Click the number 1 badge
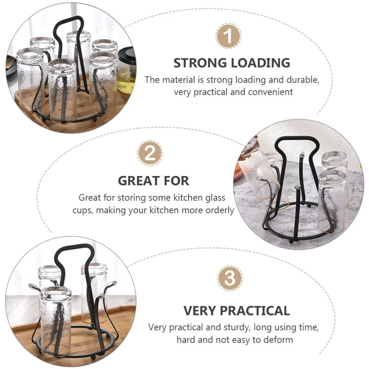click(x=228, y=36)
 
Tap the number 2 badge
click(x=150, y=154)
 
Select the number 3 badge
click(x=230, y=278)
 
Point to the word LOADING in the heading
click(x=261, y=63)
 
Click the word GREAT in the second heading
click(x=139, y=181)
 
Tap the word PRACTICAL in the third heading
click(x=255, y=311)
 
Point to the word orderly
click(x=220, y=210)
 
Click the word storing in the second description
click(x=132, y=198)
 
